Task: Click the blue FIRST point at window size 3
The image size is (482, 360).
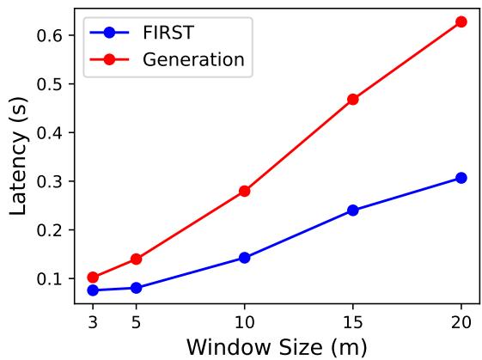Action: (x=93, y=290)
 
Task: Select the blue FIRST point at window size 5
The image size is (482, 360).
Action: (x=136, y=288)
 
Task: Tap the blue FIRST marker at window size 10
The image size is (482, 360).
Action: (x=244, y=257)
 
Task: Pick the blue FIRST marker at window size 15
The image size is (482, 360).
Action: (x=352, y=210)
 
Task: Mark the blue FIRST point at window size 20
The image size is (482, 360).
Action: (x=461, y=178)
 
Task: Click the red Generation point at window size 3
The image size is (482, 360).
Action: (x=93, y=278)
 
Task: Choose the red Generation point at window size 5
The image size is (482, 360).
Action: (x=136, y=259)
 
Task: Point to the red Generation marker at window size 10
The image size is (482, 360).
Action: (x=244, y=191)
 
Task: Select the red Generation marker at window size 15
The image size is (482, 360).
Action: (x=352, y=100)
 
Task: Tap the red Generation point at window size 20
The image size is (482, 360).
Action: (x=461, y=21)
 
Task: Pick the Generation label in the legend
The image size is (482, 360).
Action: (x=193, y=60)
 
